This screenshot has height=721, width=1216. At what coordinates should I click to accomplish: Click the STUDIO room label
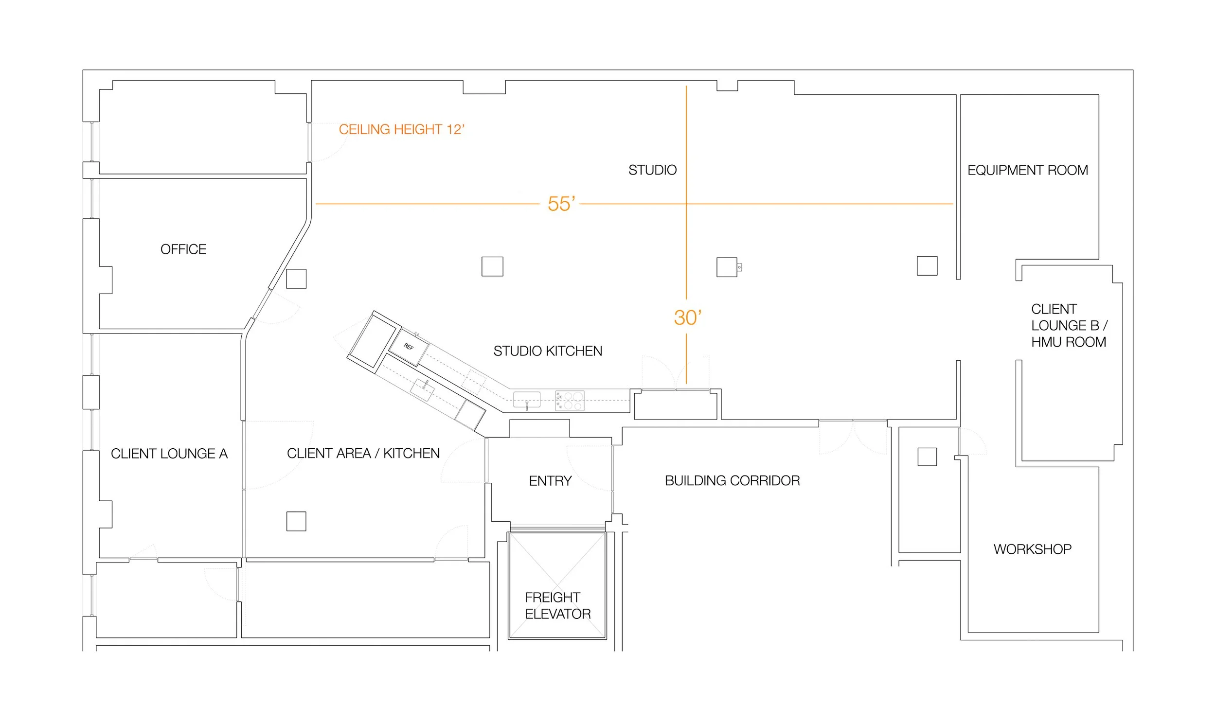(652, 170)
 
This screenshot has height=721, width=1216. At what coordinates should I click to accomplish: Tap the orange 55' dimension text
(561, 204)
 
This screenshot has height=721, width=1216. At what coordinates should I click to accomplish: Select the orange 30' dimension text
(687, 318)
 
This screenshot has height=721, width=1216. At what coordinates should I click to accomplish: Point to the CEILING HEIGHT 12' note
(401, 130)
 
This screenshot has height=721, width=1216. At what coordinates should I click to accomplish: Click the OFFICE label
(183, 249)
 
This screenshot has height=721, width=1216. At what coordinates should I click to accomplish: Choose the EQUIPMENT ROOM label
(1027, 170)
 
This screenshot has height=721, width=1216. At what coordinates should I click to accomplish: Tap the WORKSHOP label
(1032, 549)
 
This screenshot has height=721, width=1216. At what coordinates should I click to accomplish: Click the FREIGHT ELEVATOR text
(557, 606)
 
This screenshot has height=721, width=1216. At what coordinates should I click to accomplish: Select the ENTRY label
(550, 481)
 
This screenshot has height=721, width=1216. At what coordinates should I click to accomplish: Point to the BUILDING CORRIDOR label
(732, 481)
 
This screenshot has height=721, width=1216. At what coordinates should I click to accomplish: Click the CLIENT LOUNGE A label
(169, 454)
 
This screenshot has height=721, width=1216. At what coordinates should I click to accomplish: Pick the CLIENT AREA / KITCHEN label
(363, 454)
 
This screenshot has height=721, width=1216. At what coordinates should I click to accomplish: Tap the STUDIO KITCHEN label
(548, 351)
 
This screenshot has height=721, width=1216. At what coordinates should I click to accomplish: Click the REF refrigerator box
(409, 347)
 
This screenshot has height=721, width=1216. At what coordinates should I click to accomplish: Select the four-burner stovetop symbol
(570, 401)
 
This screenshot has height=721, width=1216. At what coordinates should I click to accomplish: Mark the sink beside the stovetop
(527, 400)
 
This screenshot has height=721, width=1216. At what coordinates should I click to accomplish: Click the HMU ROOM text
(1068, 342)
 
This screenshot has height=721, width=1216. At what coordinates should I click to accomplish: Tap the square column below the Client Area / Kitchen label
(296, 521)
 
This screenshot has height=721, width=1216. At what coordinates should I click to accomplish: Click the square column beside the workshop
(927, 457)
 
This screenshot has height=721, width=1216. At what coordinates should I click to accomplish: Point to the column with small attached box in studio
(727, 267)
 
